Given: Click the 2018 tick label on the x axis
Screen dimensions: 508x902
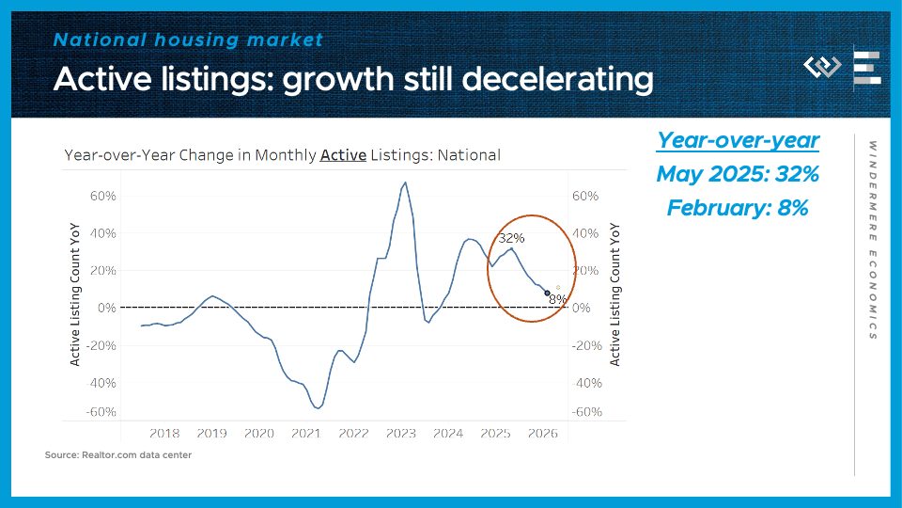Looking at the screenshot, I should point(164,434).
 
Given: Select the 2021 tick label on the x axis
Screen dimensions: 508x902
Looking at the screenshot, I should point(306,434).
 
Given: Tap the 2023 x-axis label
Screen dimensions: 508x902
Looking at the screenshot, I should point(401,434).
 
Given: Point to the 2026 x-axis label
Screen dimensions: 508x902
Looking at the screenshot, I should point(543,434).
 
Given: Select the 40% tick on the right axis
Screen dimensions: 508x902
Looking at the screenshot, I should point(584,233).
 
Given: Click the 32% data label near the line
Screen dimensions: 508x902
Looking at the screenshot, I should point(511,238).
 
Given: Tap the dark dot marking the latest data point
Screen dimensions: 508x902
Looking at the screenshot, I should point(547,294).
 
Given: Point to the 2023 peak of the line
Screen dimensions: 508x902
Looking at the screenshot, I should point(405,183).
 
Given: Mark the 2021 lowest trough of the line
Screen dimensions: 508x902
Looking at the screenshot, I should point(318,408).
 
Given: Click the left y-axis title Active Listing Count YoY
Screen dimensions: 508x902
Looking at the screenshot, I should point(75,295).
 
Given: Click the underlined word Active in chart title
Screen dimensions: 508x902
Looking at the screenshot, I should point(343,155).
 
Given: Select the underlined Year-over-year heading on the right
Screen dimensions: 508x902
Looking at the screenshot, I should point(738,140).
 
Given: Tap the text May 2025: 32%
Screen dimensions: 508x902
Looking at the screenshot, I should point(738,174).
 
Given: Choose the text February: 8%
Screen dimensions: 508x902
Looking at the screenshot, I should point(738,208).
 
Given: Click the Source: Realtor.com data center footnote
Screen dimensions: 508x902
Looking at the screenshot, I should point(118,455).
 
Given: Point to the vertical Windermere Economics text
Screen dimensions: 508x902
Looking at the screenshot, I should point(873,240).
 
